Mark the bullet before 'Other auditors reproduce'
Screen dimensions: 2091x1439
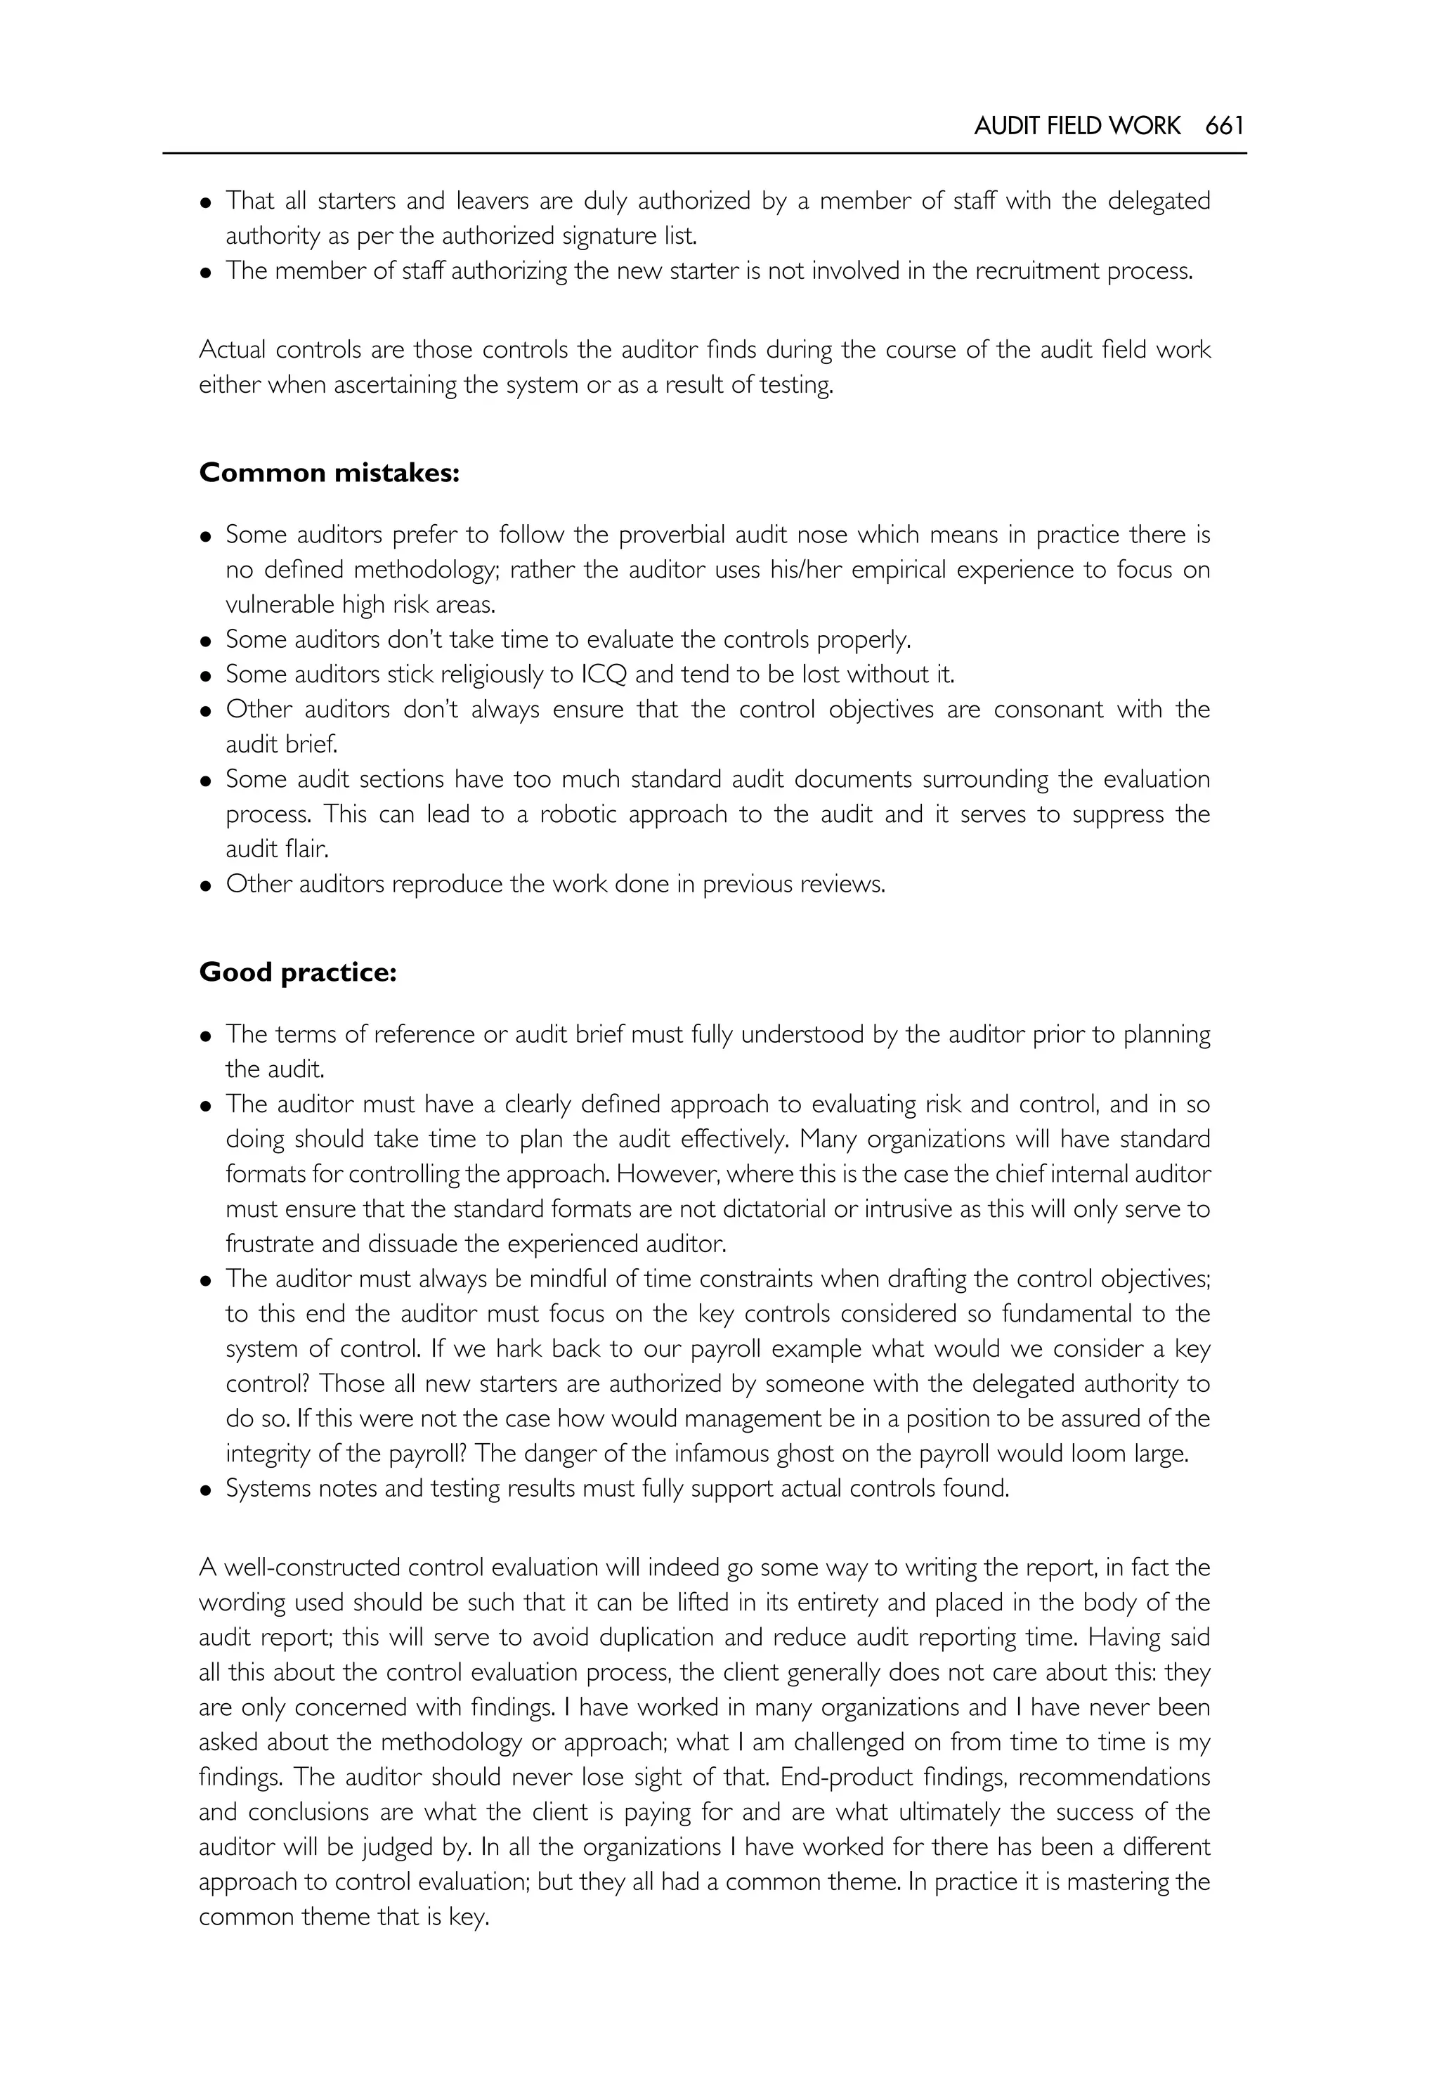pyautogui.click(x=207, y=885)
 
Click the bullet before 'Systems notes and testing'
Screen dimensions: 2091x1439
pyautogui.click(x=207, y=1490)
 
